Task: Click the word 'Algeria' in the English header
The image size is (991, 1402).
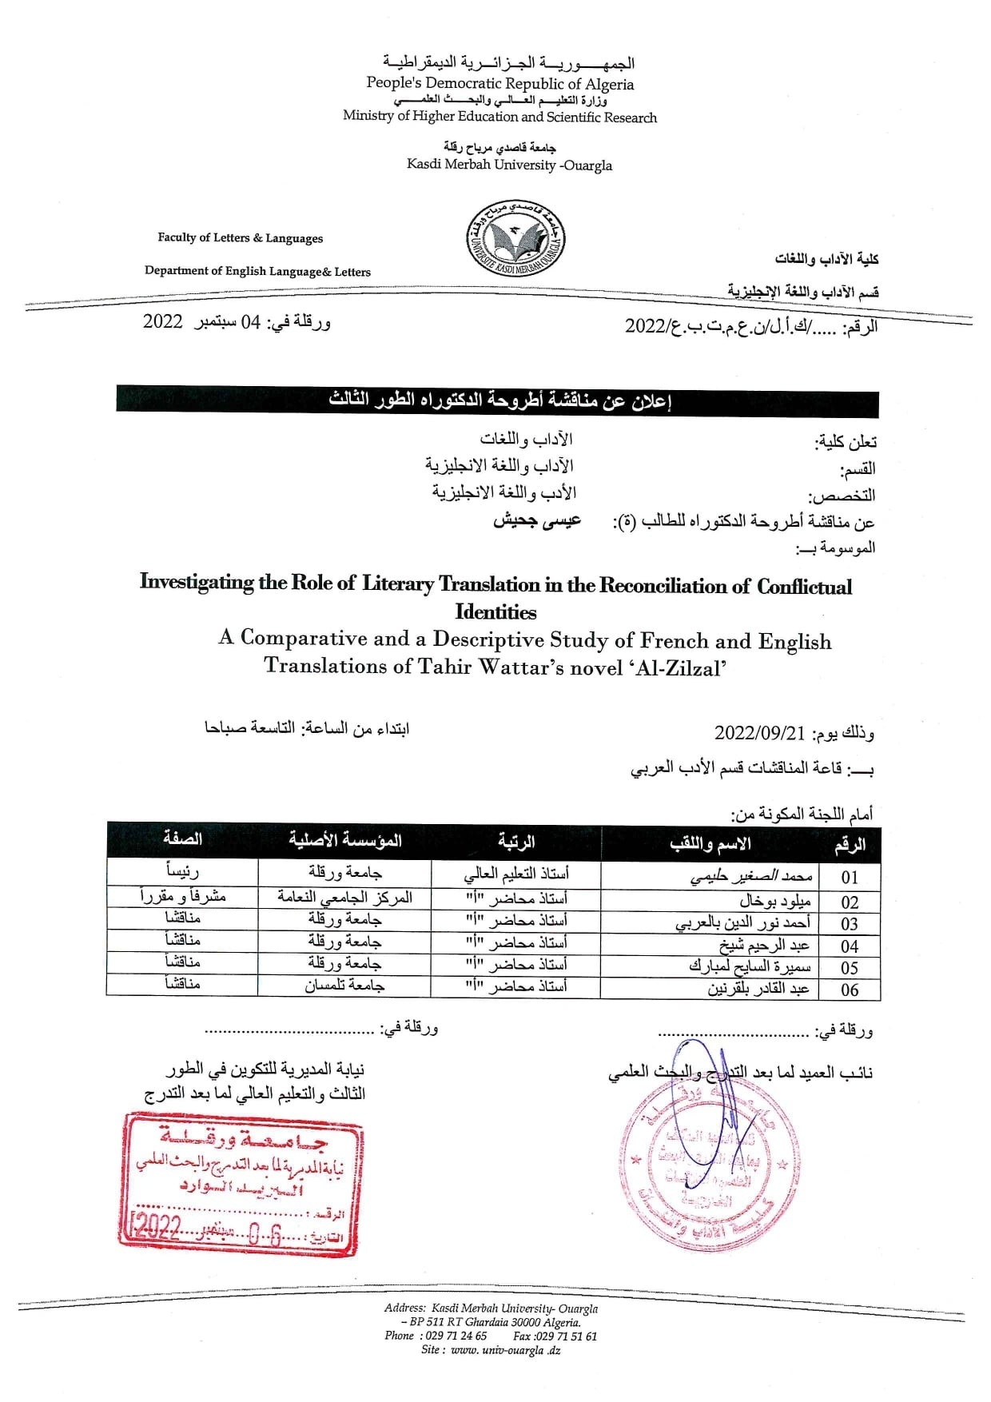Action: tap(609, 84)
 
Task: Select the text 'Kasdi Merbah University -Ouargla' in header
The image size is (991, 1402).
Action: tap(509, 165)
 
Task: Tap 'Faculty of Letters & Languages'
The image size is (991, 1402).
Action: tap(240, 238)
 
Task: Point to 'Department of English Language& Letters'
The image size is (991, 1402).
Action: tap(257, 271)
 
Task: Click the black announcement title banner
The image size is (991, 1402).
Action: tap(496, 401)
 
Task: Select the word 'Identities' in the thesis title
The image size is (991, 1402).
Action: tap(495, 612)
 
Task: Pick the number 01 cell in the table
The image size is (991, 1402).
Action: tap(850, 877)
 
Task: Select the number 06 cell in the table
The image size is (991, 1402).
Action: tap(850, 990)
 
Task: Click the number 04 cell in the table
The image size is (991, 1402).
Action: tap(850, 946)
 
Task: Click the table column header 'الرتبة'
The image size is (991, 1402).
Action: tap(515, 842)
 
